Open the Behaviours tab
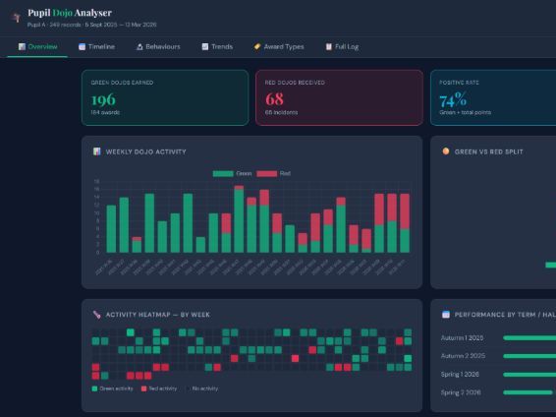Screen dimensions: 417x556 158,46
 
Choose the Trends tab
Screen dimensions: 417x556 217,46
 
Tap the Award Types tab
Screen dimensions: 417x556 278,46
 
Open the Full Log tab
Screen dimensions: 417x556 342,46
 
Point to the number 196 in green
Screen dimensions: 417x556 103,99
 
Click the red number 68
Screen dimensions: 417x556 274,99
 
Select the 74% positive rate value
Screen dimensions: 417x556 453,99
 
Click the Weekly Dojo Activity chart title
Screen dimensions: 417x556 145,151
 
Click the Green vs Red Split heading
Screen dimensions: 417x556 499,151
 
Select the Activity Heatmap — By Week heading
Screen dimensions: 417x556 157,315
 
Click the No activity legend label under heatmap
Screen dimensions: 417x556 203,388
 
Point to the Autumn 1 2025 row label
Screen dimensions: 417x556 464,338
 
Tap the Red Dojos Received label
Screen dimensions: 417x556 292,83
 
